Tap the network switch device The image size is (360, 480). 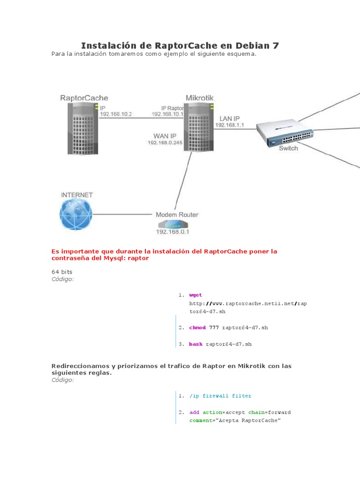285,134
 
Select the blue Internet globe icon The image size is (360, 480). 75,214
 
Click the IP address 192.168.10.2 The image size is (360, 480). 116,114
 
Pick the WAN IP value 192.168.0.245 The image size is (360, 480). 165,142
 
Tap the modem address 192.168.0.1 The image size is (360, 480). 176,232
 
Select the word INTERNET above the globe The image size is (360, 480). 77,195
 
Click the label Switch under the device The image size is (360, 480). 288,148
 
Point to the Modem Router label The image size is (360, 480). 177,215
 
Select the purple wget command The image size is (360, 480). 195,295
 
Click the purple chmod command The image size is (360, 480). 197,328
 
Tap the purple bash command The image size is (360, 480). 195,344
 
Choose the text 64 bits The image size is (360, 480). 62,271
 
